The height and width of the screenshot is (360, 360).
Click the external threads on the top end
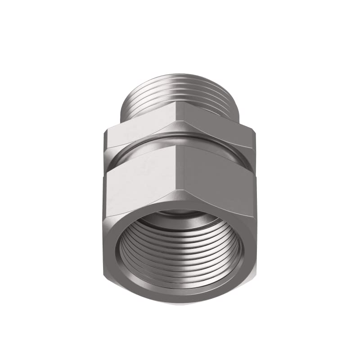[180, 92]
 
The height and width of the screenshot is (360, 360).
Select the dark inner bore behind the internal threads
[180, 220]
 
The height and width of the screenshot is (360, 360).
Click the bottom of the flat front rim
[180, 297]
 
